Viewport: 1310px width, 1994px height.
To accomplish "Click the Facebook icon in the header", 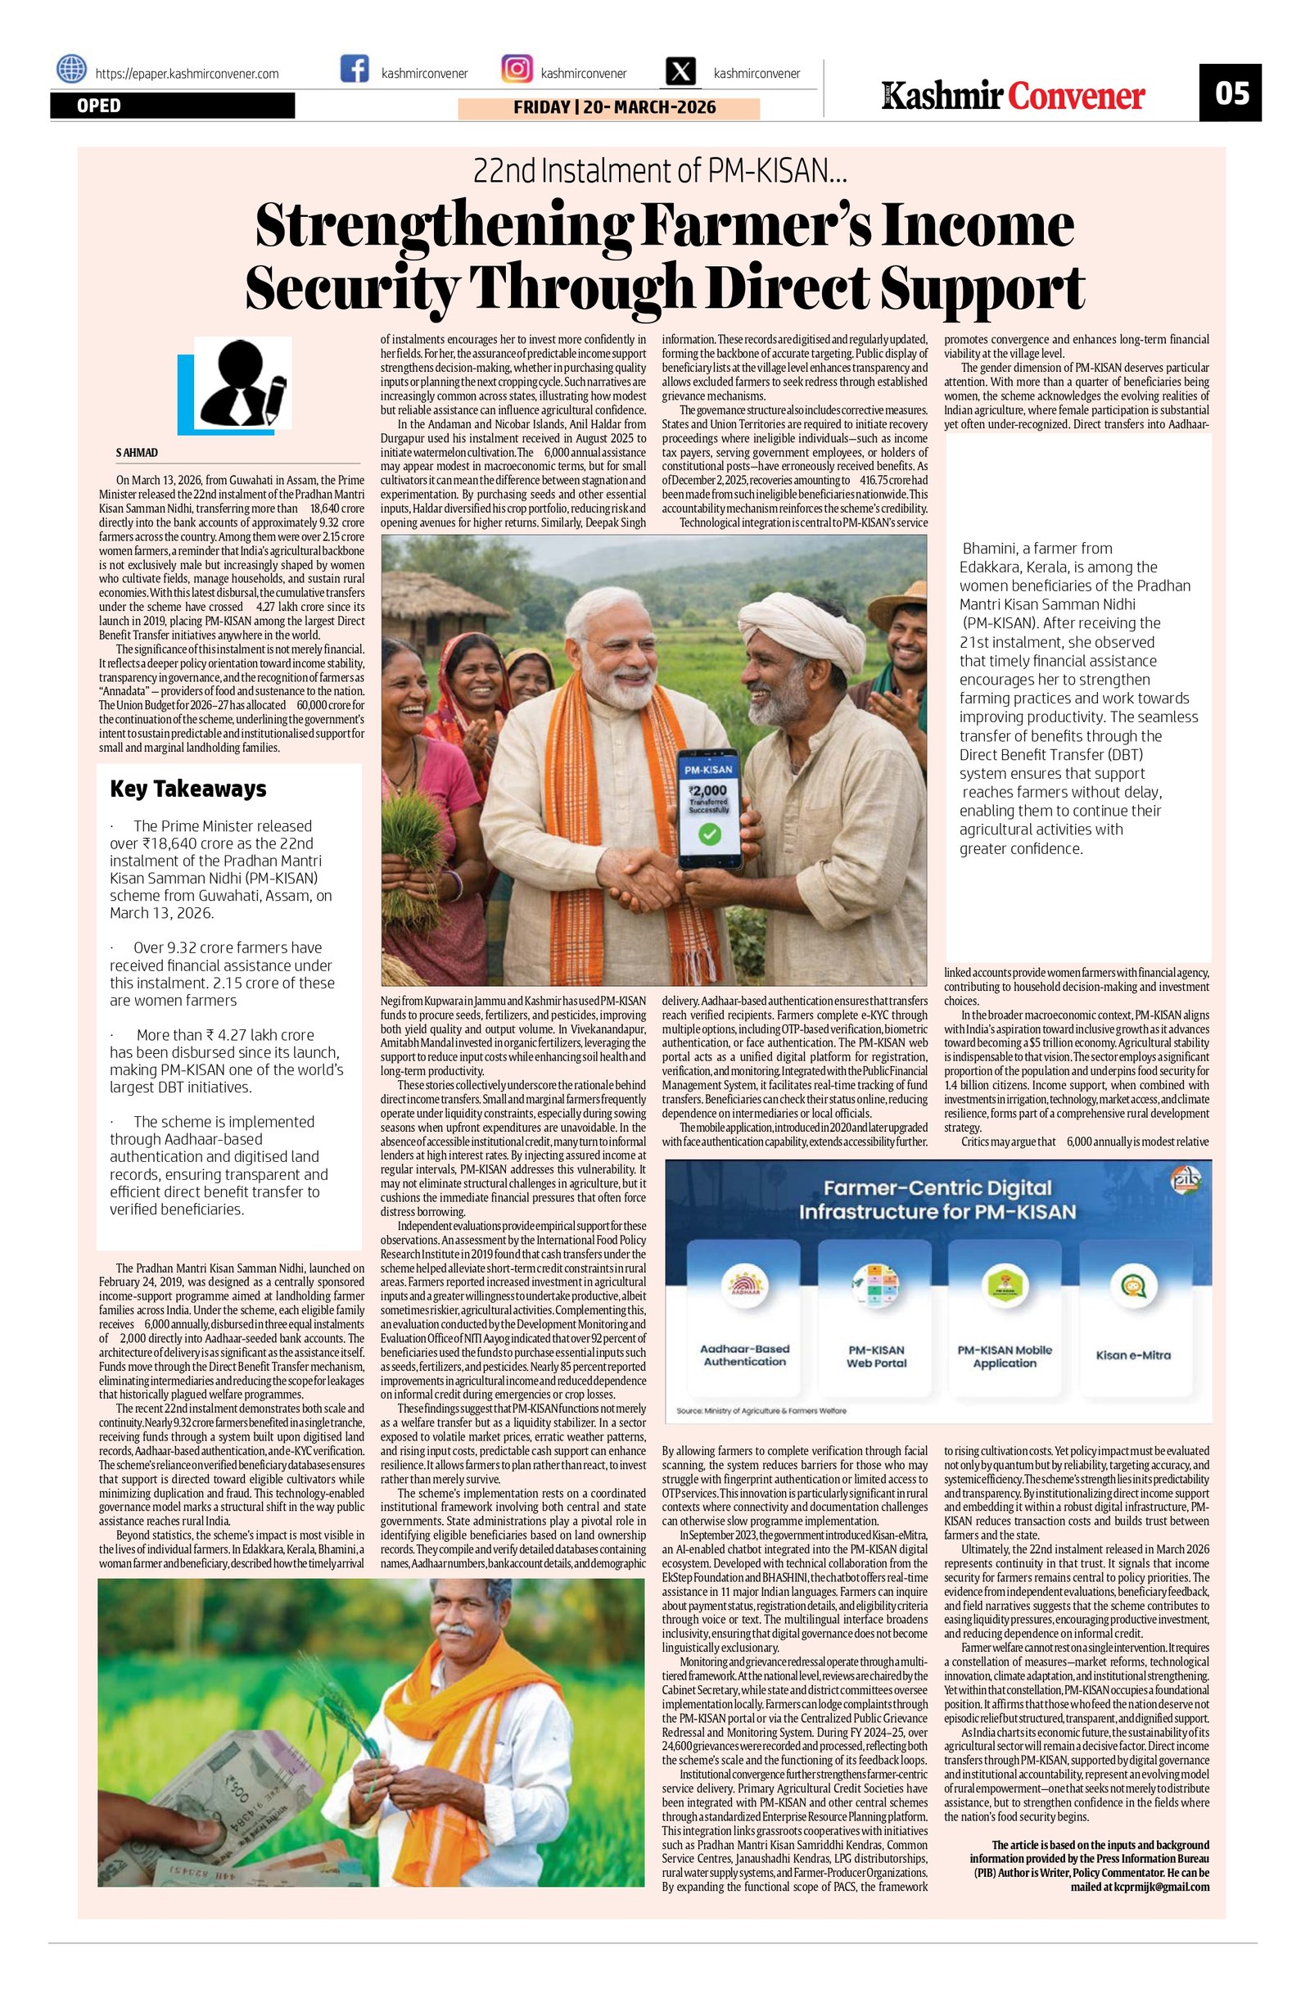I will click(355, 69).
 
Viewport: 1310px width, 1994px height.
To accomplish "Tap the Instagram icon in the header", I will click(516, 69).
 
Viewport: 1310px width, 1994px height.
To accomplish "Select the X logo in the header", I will click(684, 71).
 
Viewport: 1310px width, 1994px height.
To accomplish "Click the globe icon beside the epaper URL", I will click(71, 69).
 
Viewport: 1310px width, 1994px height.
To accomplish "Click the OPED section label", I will click(99, 106).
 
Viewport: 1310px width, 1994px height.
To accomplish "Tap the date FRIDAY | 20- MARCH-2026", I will click(609, 108).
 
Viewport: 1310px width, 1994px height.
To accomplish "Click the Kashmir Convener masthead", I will click(1012, 96).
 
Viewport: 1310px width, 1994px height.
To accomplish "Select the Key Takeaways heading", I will click(188, 789).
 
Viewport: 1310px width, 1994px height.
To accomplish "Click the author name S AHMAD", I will click(138, 452).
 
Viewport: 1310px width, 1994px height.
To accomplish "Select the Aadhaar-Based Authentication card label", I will click(743, 1355).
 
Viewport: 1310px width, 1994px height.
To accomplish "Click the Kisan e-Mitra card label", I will click(1133, 1355).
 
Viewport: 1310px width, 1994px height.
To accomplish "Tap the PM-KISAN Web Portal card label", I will click(875, 1356).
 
